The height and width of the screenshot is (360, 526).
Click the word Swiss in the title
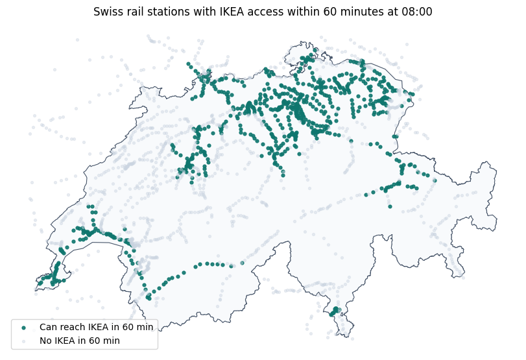point(107,12)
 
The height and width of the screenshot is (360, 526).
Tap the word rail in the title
point(134,12)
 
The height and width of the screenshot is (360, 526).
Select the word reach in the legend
point(75,327)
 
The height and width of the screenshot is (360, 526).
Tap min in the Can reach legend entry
point(145,327)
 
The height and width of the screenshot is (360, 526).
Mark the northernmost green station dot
point(315,50)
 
